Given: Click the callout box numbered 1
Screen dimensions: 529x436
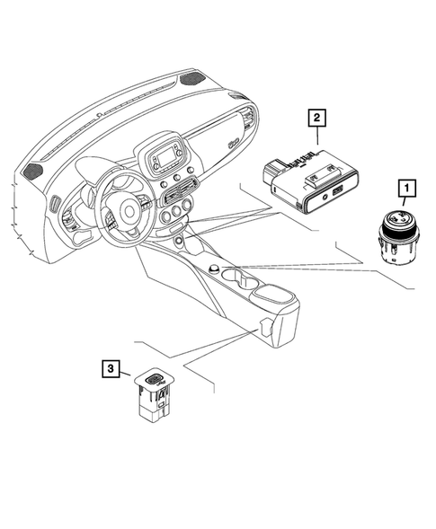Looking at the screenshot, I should (x=406, y=188).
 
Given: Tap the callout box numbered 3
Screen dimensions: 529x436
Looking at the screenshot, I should (x=110, y=368).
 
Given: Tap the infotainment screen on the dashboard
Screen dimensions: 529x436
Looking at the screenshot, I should (x=164, y=159).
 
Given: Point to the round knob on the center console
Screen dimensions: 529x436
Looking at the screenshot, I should (x=214, y=269).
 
